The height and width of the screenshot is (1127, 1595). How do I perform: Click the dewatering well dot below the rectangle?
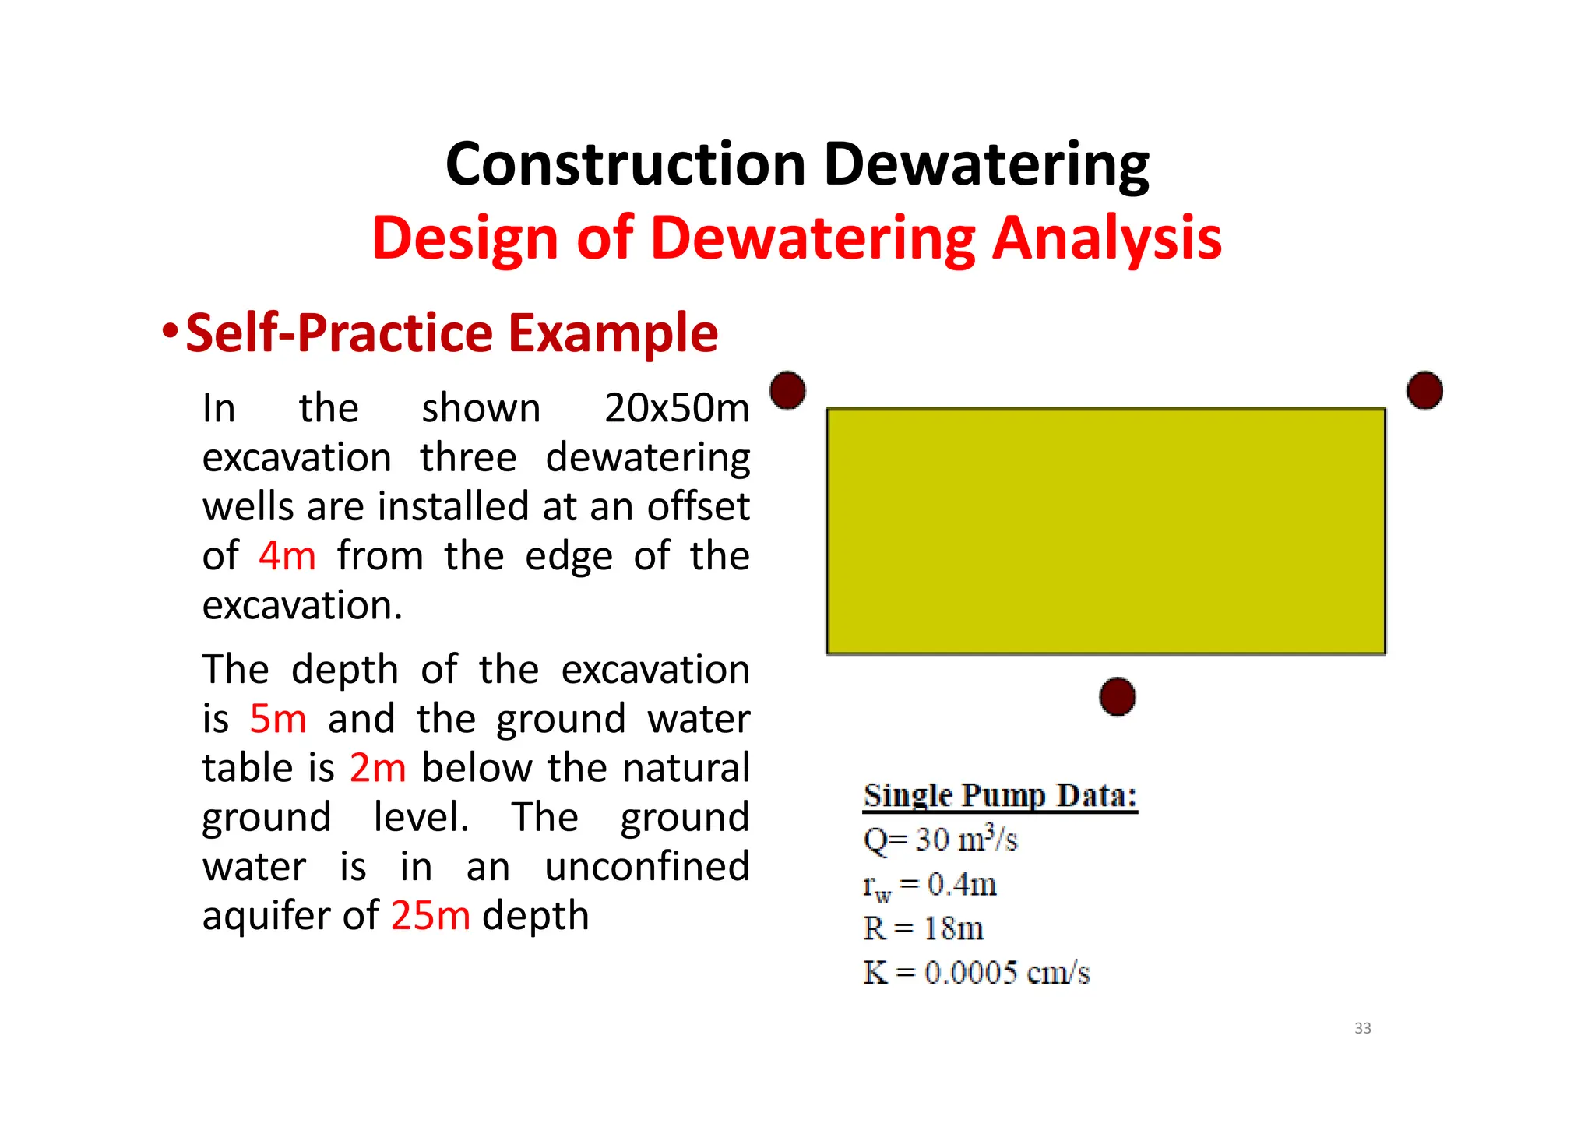(1117, 696)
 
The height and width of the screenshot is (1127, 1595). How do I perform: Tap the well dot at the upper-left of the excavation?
(787, 389)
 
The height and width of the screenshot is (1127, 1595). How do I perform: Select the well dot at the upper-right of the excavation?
(1424, 389)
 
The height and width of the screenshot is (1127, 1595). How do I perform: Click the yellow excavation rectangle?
(1106, 531)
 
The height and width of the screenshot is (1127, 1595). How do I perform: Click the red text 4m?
(287, 556)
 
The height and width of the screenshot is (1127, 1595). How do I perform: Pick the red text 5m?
(278, 718)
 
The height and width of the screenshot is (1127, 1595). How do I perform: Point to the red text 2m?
(378, 768)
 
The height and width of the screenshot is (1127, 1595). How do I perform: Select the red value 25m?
(430, 915)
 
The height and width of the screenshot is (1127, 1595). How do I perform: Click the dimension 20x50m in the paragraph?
(676, 408)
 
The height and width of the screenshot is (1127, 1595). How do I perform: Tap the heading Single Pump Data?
(1000, 796)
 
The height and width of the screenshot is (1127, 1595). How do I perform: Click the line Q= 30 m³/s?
(940, 840)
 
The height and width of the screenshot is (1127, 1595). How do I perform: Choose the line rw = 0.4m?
(930, 885)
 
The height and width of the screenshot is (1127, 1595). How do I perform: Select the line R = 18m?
(923, 928)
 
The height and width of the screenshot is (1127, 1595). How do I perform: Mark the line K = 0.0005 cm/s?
(976, 973)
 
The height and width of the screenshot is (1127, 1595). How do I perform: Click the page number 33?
(1362, 1028)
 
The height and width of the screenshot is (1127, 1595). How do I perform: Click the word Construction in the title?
(625, 164)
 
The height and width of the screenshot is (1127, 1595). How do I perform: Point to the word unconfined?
(646, 866)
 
